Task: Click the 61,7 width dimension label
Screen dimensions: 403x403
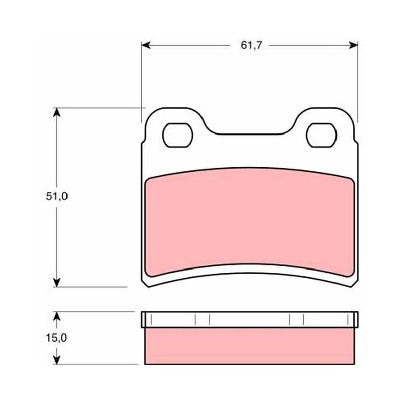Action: (x=251, y=45)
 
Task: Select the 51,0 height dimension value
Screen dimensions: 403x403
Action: (x=57, y=196)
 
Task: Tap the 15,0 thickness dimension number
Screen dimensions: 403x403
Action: (x=56, y=338)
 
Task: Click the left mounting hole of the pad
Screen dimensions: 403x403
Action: (x=178, y=135)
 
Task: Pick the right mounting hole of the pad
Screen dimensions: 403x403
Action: (x=321, y=135)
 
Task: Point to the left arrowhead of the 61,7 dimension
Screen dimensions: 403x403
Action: (x=146, y=45)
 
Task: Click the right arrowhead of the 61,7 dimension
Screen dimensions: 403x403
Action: (x=353, y=45)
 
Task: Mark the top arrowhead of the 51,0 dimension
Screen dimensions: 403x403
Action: (x=57, y=112)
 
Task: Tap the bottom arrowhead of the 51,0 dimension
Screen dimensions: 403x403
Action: (x=57, y=282)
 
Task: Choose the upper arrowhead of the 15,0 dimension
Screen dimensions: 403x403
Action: (x=57, y=316)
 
